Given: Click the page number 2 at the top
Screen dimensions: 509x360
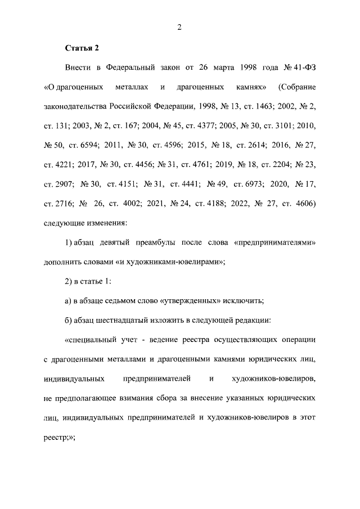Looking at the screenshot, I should [x=180, y=26].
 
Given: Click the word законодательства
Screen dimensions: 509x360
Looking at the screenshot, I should [x=74, y=106].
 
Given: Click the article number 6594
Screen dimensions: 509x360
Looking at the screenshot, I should [x=88, y=145].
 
